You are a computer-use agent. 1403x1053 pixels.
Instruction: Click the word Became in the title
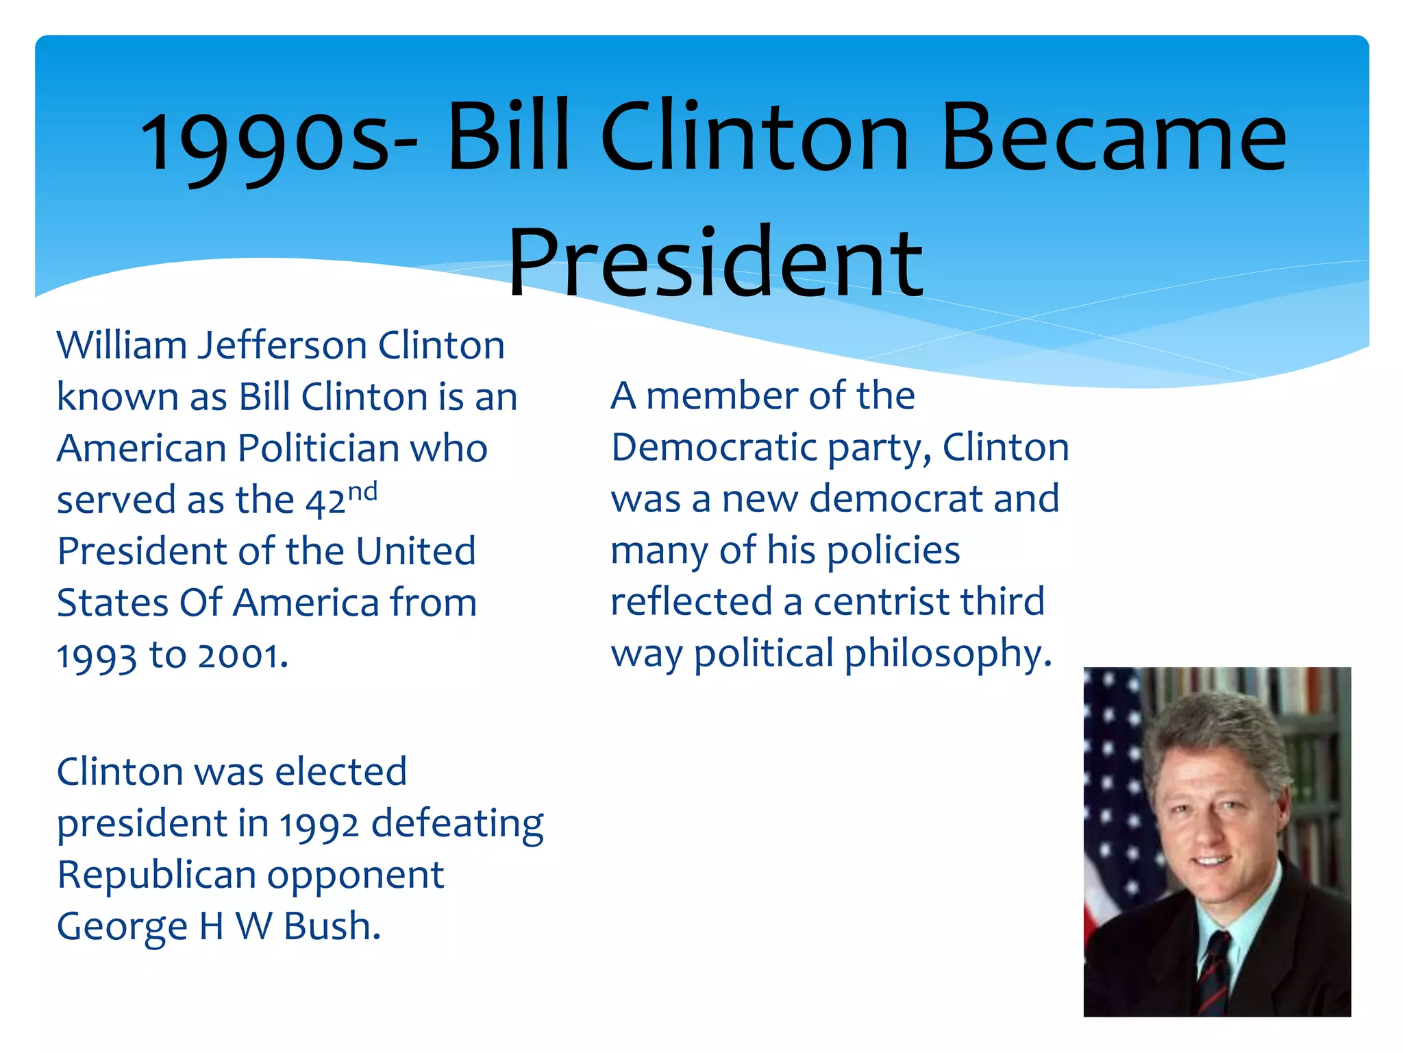tap(1114, 137)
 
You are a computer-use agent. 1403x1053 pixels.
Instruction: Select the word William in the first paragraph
tap(121, 345)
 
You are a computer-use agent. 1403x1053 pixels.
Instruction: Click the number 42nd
tap(341, 499)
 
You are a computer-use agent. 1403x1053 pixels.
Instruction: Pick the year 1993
tap(97, 656)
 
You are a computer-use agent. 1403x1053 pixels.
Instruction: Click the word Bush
tap(332, 927)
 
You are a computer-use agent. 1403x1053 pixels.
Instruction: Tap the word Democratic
tap(714, 448)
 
